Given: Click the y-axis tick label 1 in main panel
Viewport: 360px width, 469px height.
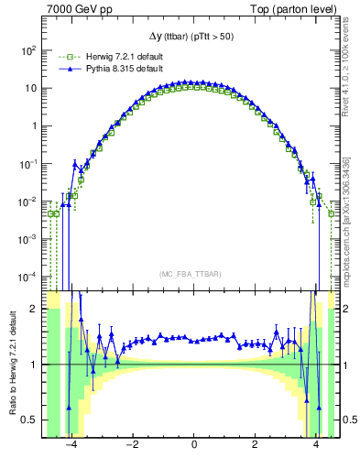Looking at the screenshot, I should [x=35, y=126].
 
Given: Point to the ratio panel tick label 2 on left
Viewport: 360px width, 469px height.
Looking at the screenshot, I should [x=35, y=310].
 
